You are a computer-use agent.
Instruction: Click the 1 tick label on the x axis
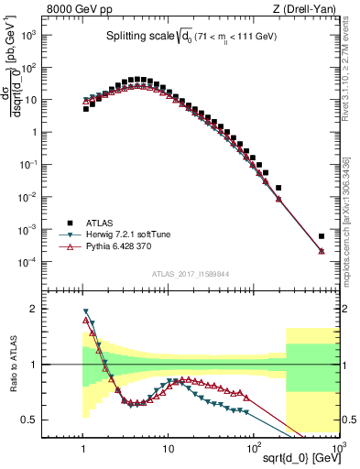pyautogui.click(x=83, y=442)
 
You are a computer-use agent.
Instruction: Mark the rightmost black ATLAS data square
pyautogui.click(x=322, y=235)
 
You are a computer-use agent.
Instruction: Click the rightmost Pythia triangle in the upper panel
pyautogui.click(x=322, y=251)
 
